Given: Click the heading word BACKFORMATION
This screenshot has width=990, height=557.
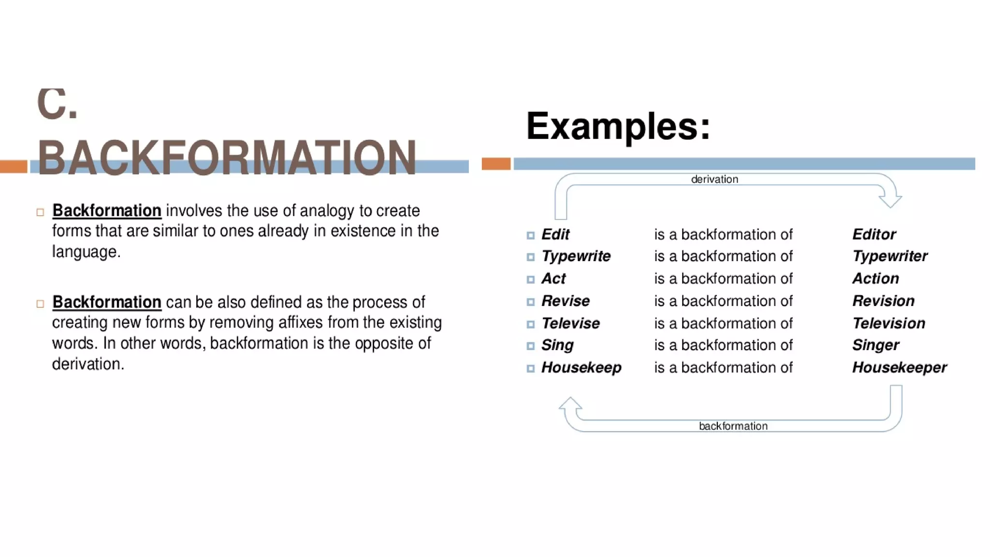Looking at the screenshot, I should click(227, 158).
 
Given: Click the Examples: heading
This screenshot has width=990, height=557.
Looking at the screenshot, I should click(618, 126).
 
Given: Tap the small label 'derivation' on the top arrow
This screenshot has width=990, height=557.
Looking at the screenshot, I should click(714, 179).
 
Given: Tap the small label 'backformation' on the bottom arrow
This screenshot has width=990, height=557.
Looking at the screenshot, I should click(733, 426).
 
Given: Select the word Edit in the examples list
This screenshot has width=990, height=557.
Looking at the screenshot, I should click(555, 235).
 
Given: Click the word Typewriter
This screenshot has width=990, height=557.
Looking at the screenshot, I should click(889, 256).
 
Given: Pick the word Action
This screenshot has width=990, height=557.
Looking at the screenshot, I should click(875, 278).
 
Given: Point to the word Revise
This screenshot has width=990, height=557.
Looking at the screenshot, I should click(565, 301).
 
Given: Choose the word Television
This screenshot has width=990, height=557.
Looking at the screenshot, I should click(888, 323).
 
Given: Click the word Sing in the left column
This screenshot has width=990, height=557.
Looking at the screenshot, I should click(557, 345).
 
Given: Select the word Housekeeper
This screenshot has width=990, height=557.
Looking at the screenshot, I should click(899, 367).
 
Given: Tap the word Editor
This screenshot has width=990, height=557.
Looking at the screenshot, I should click(874, 235).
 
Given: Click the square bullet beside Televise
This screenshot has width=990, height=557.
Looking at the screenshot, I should click(530, 324).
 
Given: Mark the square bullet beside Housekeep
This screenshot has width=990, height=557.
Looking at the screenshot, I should click(530, 368).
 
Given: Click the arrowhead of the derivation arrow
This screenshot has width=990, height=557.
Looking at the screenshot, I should click(890, 200).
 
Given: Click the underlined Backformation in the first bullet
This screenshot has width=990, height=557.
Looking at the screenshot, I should click(107, 211).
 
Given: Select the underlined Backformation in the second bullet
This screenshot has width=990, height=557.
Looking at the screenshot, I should click(107, 302).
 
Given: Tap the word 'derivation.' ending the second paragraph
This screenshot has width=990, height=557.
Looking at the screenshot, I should click(88, 364).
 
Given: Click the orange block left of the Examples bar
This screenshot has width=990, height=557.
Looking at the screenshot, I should click(496, 164).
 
